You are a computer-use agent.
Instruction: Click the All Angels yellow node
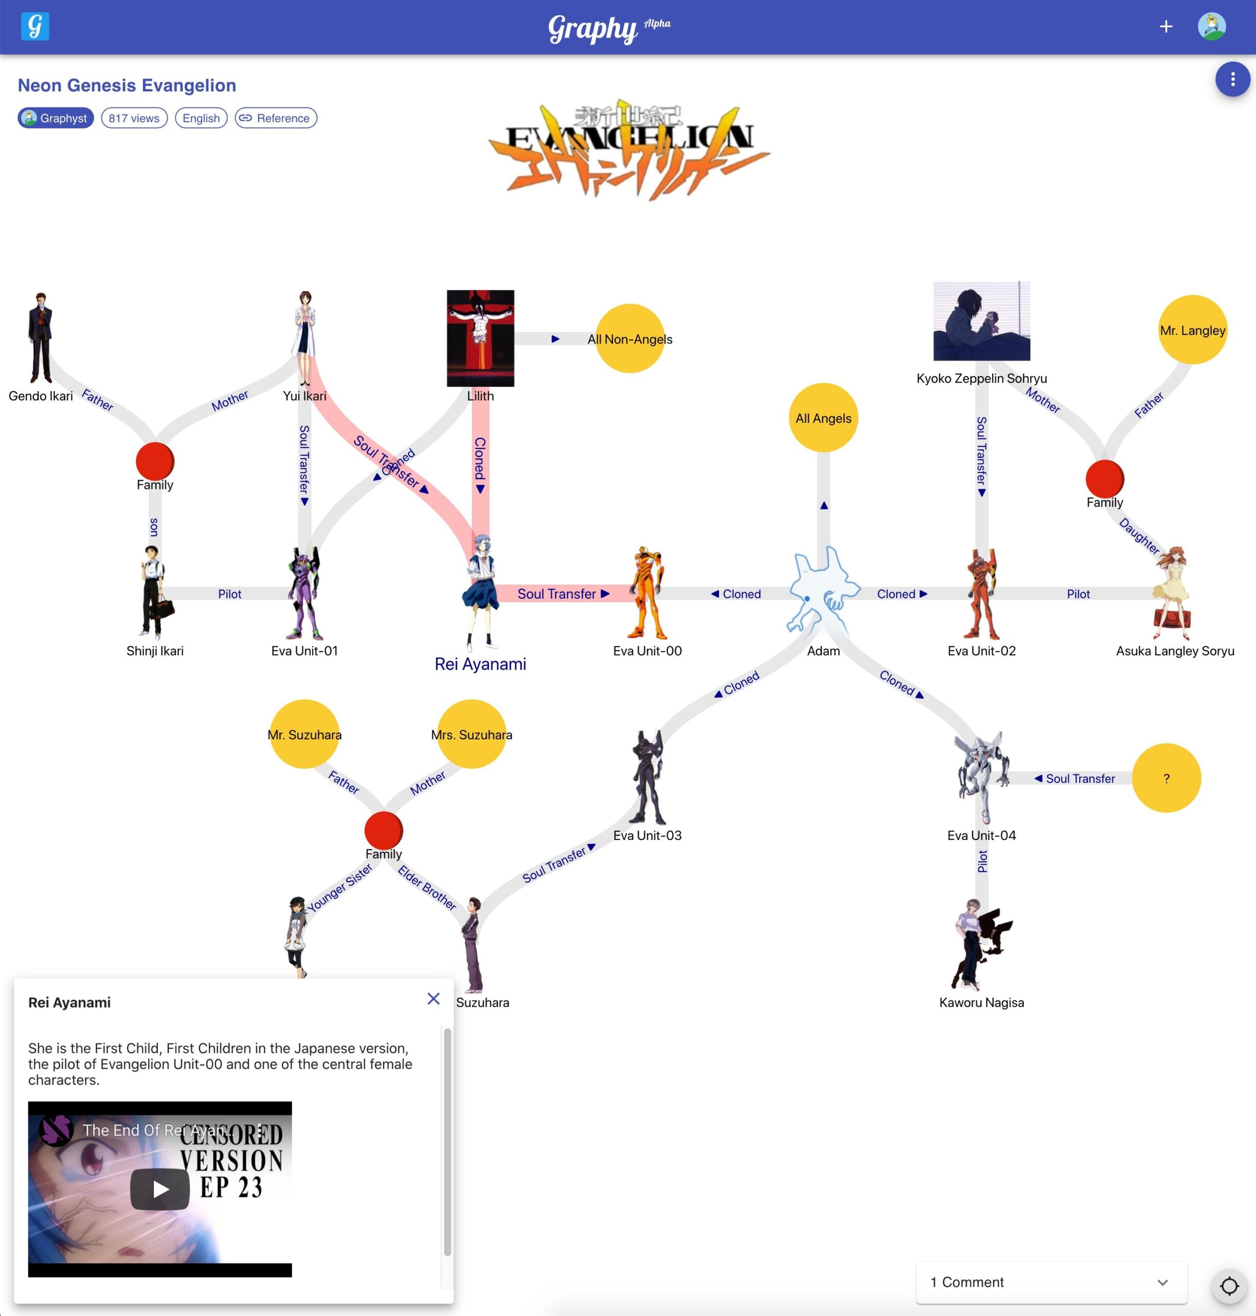(x=823, y=417)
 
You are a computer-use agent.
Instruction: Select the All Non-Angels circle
(x=630, y=339)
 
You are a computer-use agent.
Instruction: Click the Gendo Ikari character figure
(x=40, y=337)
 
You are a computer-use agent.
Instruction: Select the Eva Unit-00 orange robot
(x=647, y=593)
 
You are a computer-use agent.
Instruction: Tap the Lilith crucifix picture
(x=480, y=338)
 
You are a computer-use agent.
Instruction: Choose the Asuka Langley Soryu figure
(x=1172, y=593)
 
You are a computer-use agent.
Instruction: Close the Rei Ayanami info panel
(x=433, y=998)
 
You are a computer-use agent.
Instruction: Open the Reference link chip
(x=275, y=118)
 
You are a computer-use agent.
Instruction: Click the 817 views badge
(x=134, y=118)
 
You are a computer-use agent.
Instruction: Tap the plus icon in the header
(x=1165, y=27)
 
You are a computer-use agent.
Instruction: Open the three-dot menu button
(x=1232, y=80)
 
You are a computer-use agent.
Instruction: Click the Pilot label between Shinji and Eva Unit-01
(x=229, y=593)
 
